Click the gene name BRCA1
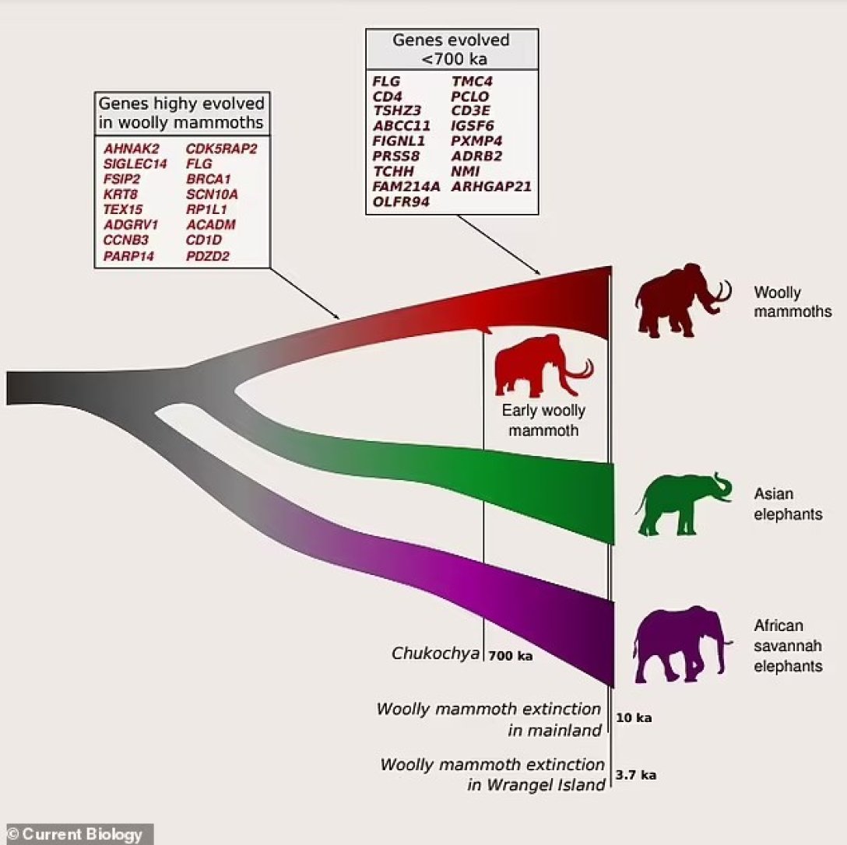coord(209,179)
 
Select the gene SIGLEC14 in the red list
coord(135,163)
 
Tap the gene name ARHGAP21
coord(491,186)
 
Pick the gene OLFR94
coord(401,202)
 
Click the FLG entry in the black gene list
coord(386,82)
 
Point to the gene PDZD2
coord(207,255)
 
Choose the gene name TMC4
coord(472,82)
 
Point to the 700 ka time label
coord(511,656)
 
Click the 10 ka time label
coord(634,718)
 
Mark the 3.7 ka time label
coord(636,775)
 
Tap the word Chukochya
coord(435,654)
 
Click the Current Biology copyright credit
coord(75,834)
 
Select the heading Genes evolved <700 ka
coord(452,49)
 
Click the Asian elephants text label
coord(788,503)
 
